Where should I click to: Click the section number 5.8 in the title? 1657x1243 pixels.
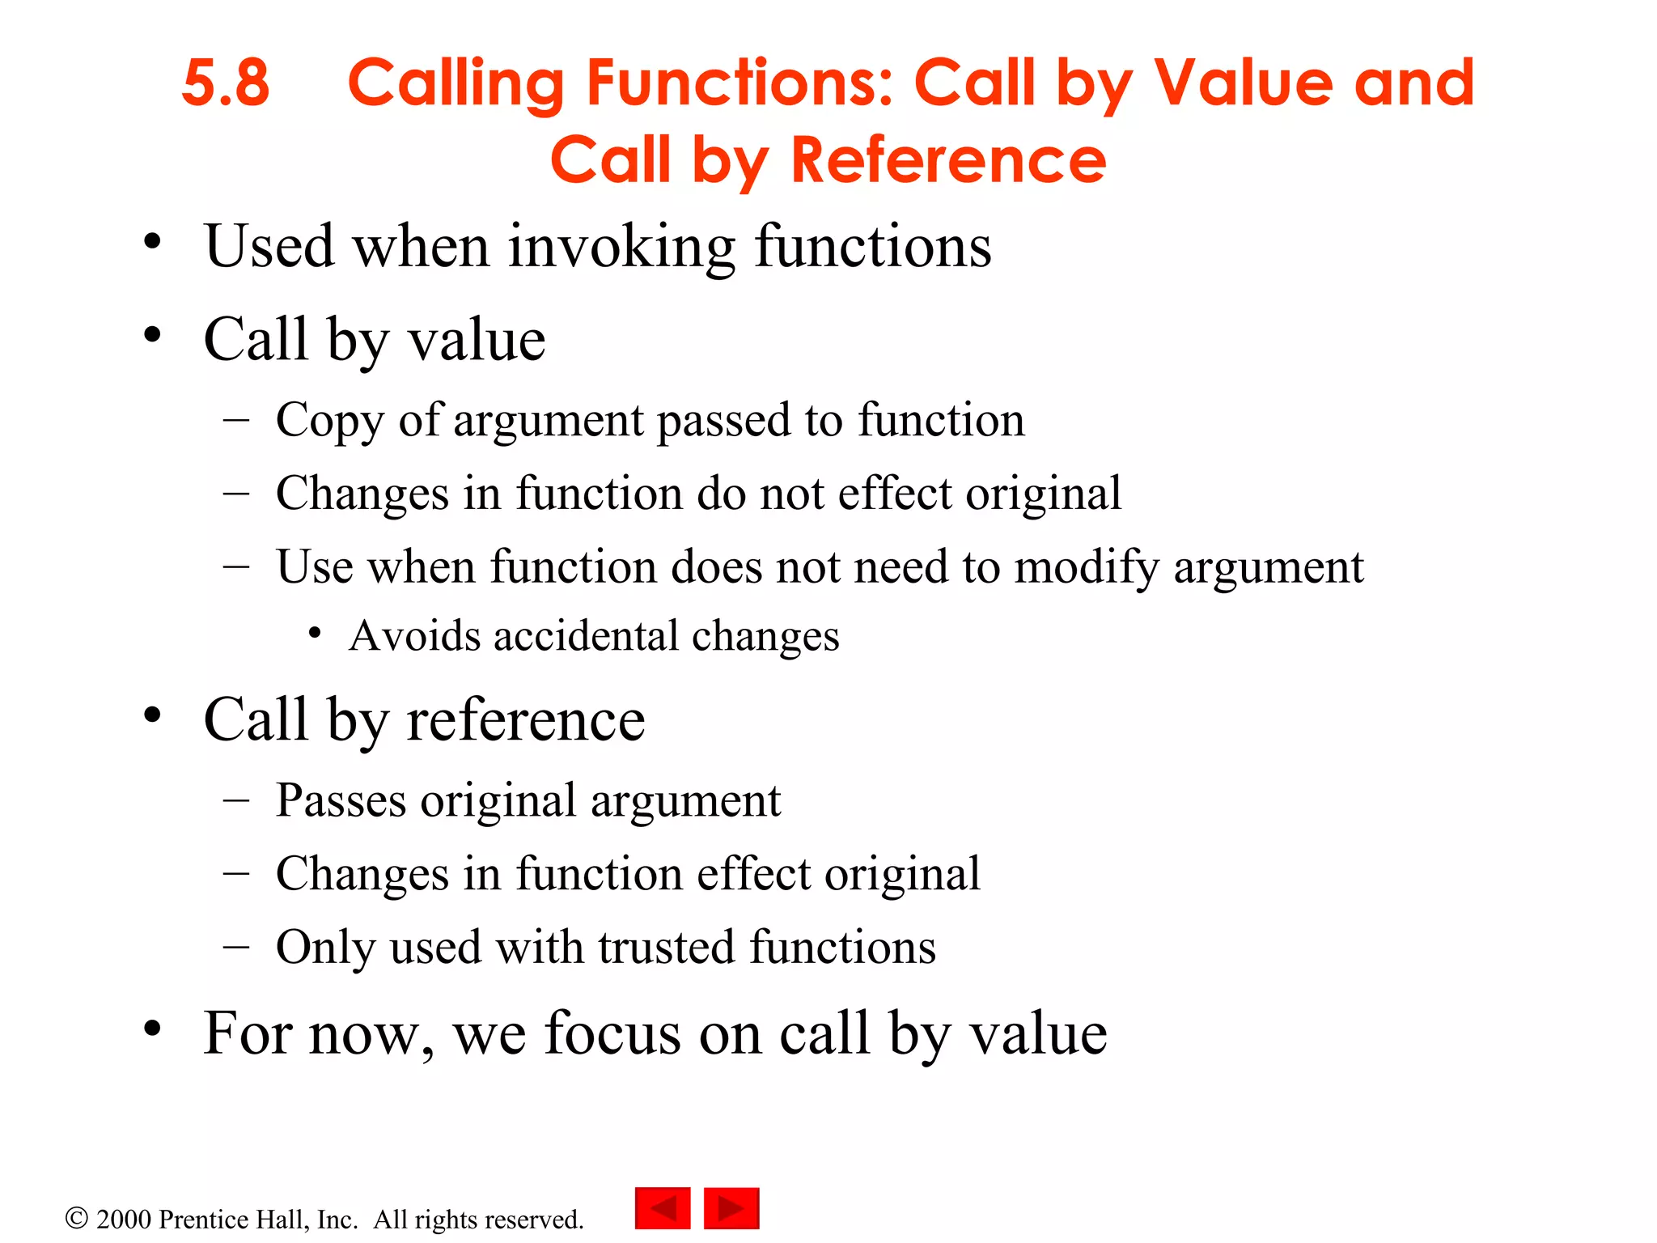(225, 83)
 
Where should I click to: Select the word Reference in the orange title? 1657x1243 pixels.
(948, 161)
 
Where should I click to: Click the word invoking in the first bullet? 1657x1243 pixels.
(621, 247)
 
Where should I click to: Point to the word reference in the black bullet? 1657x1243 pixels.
(525, 720)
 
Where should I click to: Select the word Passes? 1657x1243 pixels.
(341, 801)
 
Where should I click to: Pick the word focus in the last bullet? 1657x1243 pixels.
(612, 1034)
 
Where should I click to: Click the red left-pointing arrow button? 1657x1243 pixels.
(663, 1208)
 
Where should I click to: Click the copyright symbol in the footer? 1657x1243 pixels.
(76, 1219)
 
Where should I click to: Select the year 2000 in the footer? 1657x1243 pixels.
(124, 1220)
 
